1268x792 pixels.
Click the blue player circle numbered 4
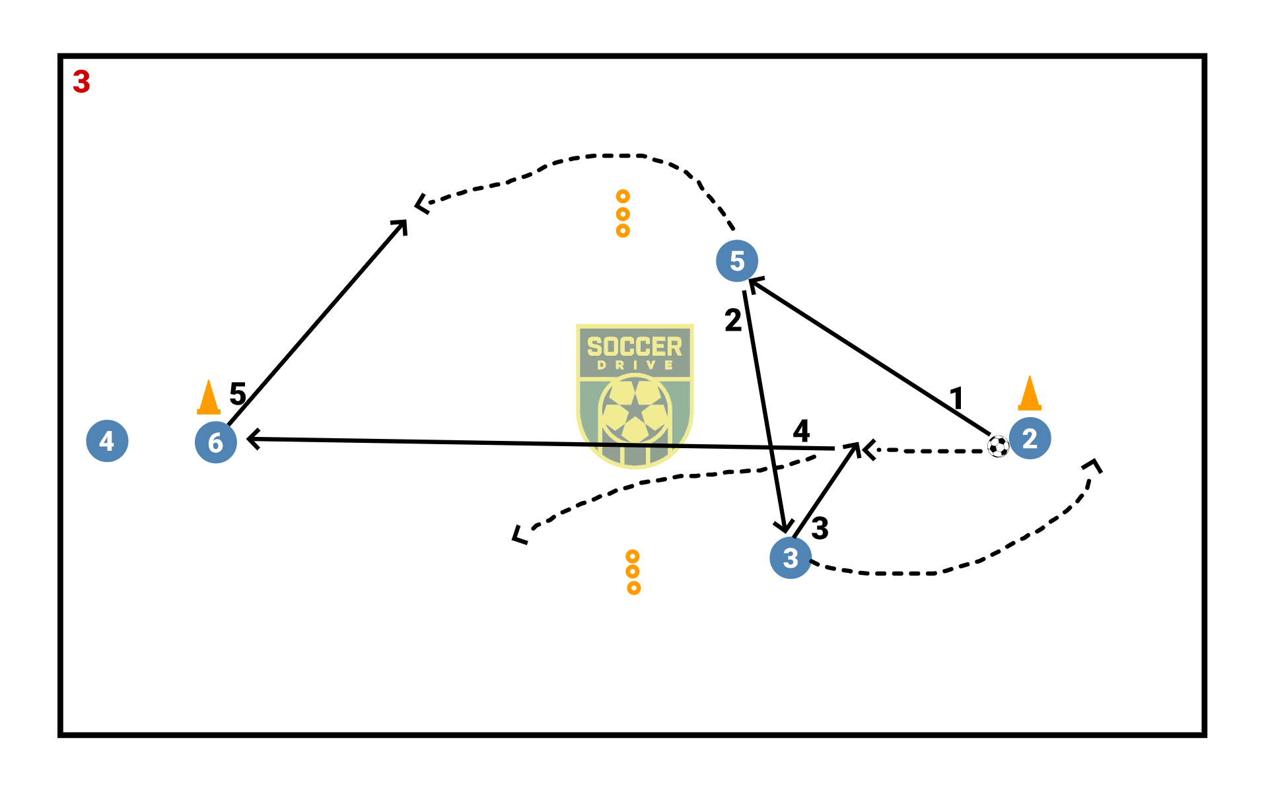pos(107,441)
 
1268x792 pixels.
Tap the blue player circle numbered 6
pos(215,442)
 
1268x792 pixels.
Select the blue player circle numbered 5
pos(736,261)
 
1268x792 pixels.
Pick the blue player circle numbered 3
pos(791,558)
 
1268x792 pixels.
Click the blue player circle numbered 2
pos(1030,438)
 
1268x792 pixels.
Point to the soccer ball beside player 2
pos(998,447)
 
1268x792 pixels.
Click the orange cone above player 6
pos(209,397)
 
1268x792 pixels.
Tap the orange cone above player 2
pos(1030,393)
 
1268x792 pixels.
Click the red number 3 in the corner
pos(81,82)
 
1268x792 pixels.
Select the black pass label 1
pos(956,398)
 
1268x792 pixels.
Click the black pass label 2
pos(733,320)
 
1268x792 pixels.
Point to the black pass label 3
pos(820,528)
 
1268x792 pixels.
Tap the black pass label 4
pos(801,431)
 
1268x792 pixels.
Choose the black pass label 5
pos(238,394)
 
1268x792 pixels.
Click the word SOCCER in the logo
pos(634,346)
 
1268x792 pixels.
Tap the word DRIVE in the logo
pos(635,365)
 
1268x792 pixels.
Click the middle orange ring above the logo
pos(623,214)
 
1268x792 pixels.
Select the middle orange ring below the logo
pos(633,572)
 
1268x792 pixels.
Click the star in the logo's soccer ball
pos(635,409)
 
